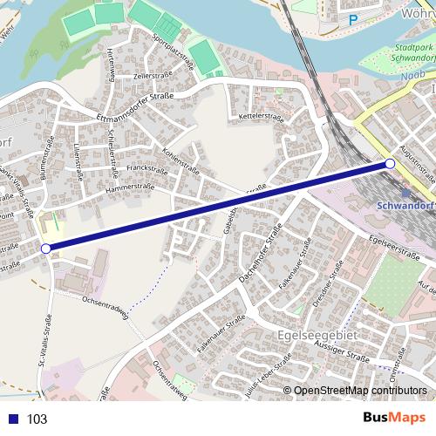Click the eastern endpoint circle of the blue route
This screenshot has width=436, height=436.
coord(390,164)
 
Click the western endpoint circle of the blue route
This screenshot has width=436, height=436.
coord(46,249)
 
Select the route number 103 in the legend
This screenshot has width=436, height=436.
coord(37,419)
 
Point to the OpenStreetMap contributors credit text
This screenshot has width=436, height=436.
coord(361,390)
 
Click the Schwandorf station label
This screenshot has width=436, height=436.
coord(405,207)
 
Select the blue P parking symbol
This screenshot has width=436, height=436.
coord(352,19)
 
